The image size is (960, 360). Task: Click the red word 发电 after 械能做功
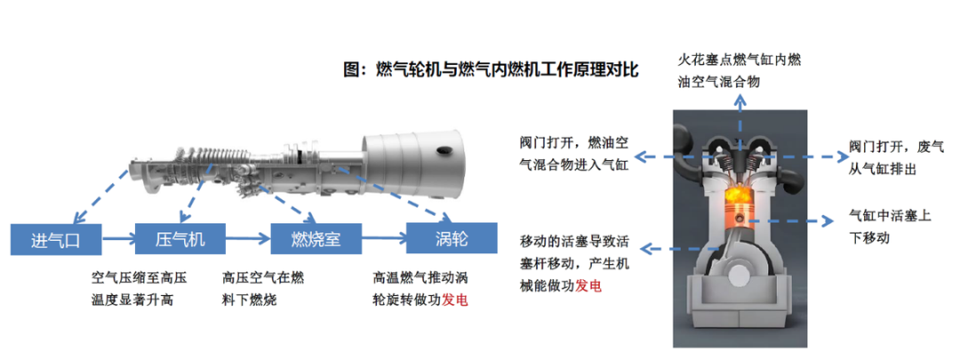(x=588, y=287)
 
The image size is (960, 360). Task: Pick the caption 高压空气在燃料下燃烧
(x=263, y=288)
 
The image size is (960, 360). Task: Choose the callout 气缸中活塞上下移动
(x=890, y=228)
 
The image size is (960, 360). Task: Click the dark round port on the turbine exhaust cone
(x=441, y=152)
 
